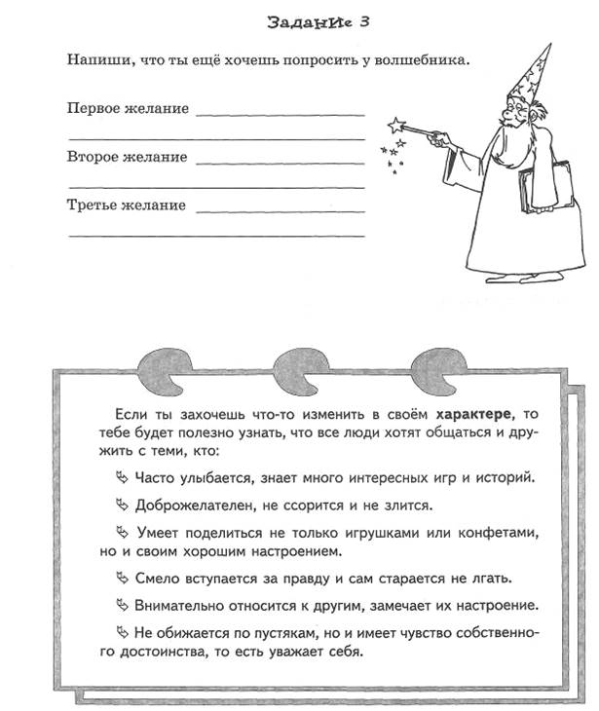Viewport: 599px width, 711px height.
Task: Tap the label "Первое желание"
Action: point(128,107)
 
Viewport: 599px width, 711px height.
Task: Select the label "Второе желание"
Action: point(128,157)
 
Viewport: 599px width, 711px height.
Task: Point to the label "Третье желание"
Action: point(127,206)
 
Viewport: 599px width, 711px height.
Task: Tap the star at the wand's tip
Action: point(395,125)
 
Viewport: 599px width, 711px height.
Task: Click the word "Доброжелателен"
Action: point(184,505)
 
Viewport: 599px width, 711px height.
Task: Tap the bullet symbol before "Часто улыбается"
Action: point(121,478)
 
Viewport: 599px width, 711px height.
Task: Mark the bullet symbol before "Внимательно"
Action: point(121,606)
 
